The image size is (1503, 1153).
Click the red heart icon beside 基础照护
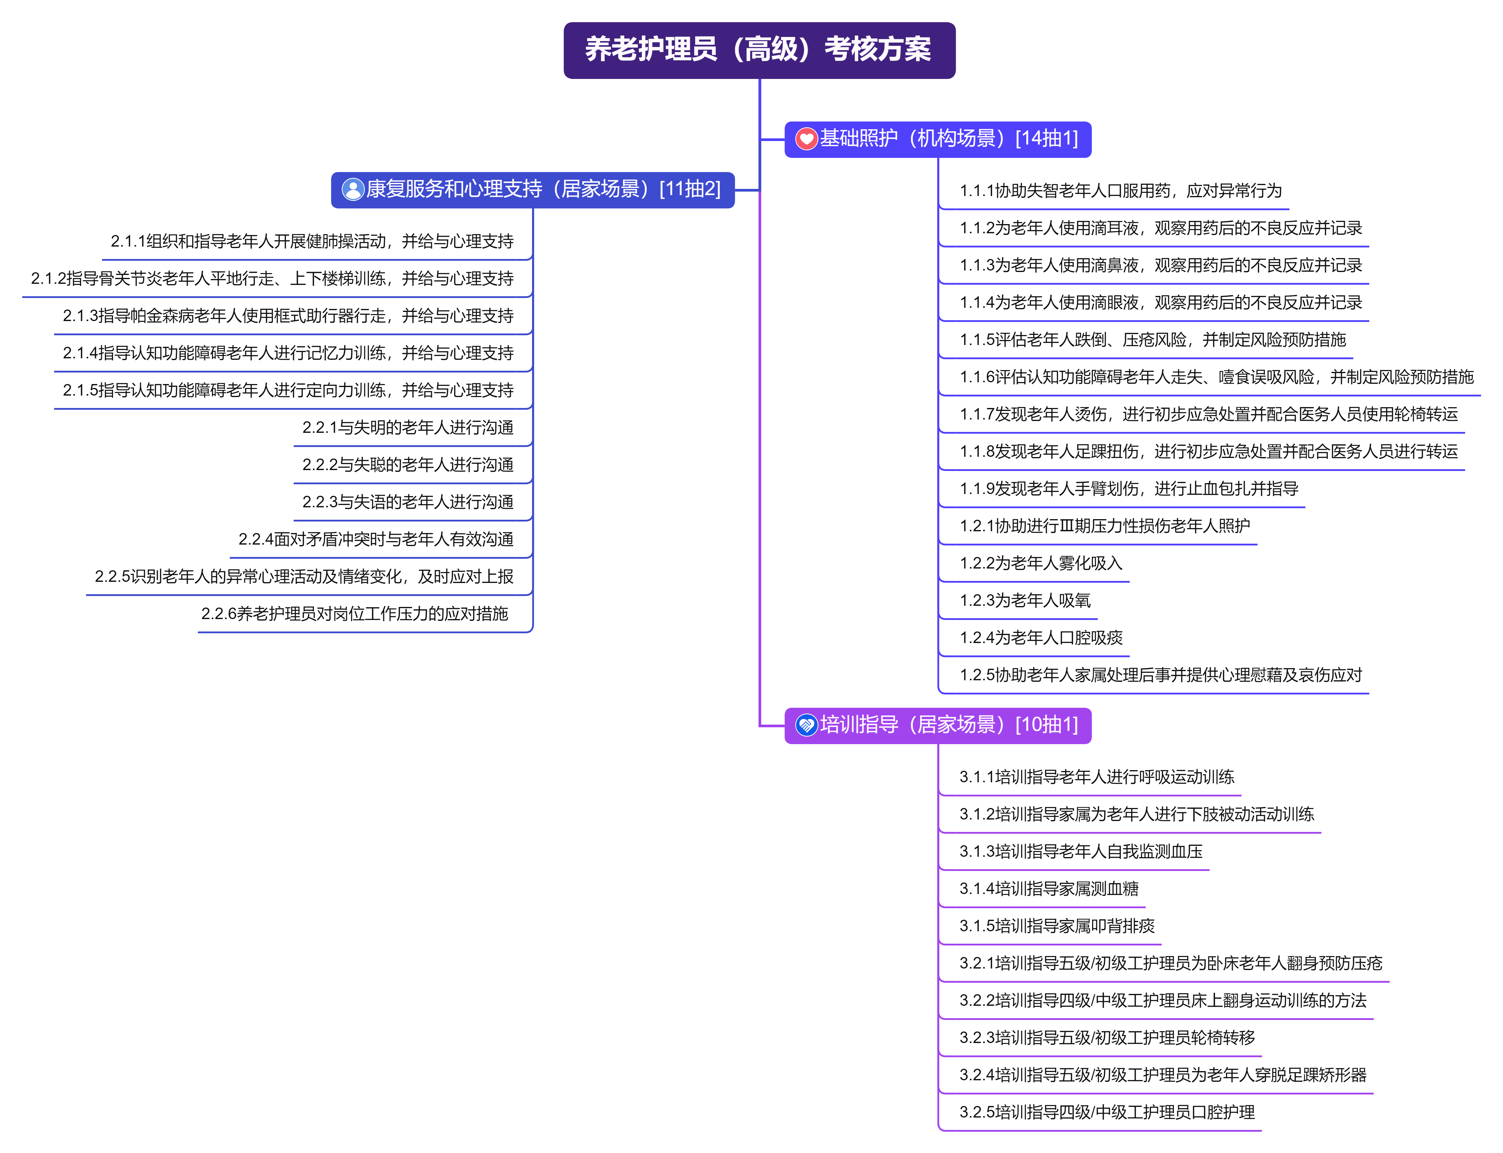(806, 139)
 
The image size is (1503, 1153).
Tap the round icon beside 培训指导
(806, 726)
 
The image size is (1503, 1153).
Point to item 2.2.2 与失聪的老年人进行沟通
(408, 465)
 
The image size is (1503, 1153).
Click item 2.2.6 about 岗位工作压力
(354, 614)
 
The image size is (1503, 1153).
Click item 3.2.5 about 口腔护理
(1107, 1112)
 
